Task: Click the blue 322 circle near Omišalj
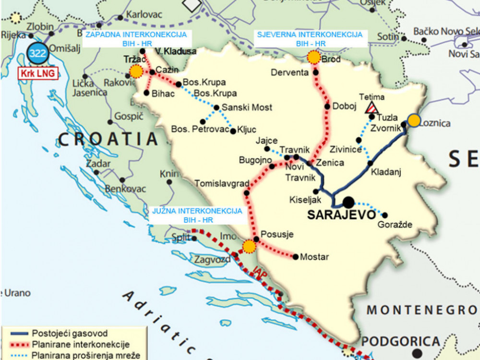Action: coord(37,53)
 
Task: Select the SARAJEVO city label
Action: coord(341,214)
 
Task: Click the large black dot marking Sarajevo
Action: coord(348,202)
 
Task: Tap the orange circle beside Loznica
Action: coord(414,120)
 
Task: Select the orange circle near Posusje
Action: coord(249,246)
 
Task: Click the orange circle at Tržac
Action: coord(136,72)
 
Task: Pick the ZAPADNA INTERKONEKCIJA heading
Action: coord(136,35)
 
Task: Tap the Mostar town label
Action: coord(314,257)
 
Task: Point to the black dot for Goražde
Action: coord(384,215)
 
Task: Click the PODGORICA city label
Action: coord(400,341)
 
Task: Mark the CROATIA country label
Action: coord(108,139)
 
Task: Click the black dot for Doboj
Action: coord(327,107)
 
